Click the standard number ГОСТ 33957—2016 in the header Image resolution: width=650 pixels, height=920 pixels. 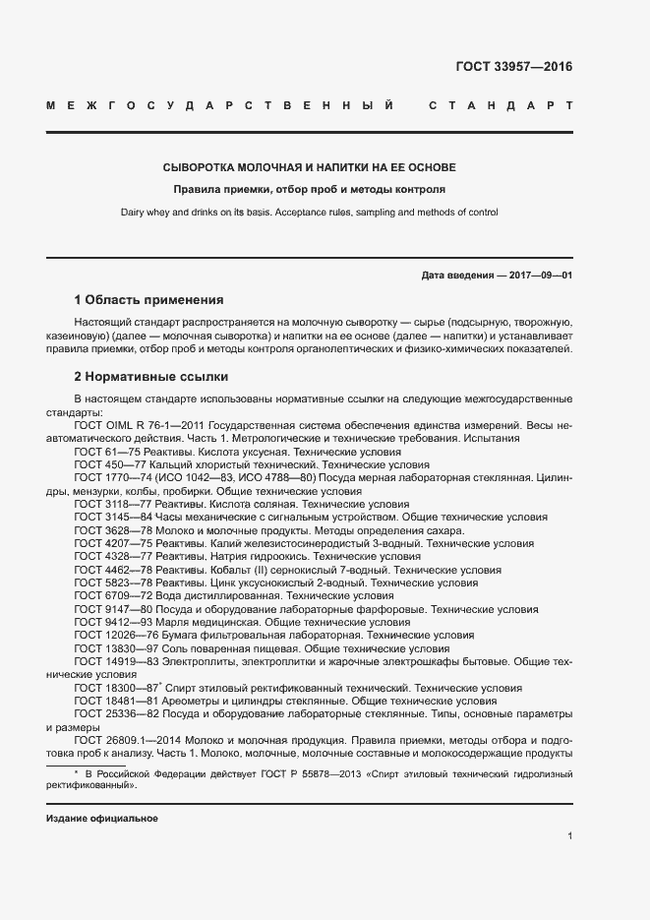513,68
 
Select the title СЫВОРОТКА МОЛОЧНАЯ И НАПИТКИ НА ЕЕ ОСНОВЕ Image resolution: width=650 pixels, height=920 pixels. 309,168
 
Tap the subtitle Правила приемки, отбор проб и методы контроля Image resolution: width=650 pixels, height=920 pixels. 309,189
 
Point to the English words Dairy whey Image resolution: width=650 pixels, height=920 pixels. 146,212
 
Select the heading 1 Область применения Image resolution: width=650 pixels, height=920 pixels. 149,300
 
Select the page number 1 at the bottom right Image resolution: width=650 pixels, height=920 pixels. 569,836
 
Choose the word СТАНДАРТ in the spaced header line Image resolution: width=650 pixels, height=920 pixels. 501,105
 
